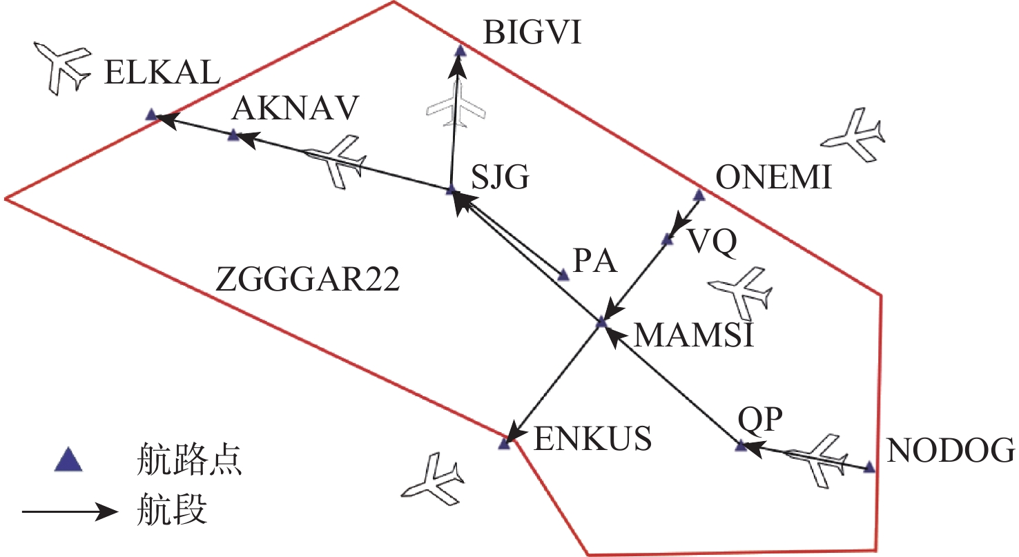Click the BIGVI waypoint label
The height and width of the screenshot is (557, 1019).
pyautogui.click(x=532, y=32)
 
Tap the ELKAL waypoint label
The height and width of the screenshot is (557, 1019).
pyautogui.click(x=162, y=73)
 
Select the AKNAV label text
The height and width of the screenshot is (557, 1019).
pyautogui.click(x=295, y=108)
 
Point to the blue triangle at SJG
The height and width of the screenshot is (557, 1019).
pyautogui.click(x=451, y=190)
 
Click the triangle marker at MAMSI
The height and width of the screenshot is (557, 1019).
pyautogui.click(x=601, y=322)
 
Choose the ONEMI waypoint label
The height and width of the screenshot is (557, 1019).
pyautogui.click(x=775, y=179)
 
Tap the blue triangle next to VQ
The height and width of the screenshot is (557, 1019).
pyautogui.click(x=667, y=240)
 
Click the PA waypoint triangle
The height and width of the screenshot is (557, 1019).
pyautogui.click(x=563, y=276)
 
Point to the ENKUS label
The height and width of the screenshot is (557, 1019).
pyautogui.click(x=593, y=438)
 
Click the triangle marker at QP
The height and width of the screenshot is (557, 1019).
pyautogui.click(x=741, y=447)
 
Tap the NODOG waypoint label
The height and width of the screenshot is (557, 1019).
pyautogui.click(x=951, y=451)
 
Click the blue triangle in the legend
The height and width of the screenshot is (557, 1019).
pyautogui.click(x=69, y=460)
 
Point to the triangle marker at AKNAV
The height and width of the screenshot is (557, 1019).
pyautogui.click(x=233, y=135)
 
